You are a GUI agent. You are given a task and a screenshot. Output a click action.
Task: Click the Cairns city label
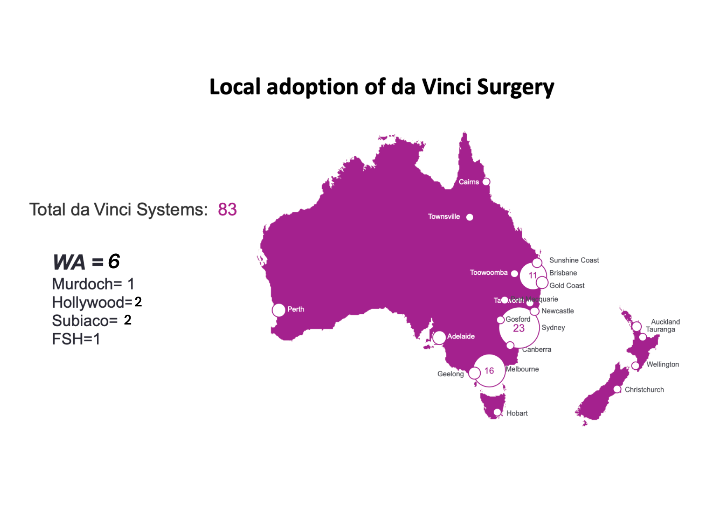[469, 182]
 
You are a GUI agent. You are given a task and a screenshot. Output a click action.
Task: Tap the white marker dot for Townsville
[470, 217]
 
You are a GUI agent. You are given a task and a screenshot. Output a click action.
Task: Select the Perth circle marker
[278, 310]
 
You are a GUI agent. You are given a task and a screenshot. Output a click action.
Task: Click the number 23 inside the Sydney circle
[519, 328]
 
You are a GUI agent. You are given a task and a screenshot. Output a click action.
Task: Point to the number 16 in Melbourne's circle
[489, 371]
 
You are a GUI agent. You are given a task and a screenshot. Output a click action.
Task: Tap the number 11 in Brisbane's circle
[533, 276]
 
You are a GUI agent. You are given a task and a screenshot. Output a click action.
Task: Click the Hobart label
[517, 413]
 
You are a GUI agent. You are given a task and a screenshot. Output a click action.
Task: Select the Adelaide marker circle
[439, 338]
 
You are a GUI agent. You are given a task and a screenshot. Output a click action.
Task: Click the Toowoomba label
[489, 273]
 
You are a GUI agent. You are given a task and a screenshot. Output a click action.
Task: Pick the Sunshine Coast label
[574, 260]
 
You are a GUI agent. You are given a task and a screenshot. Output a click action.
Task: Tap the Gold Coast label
[567, 285]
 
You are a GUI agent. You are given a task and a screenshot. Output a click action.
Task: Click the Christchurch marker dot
[617, 389]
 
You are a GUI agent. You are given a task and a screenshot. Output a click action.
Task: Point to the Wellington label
[662, 364]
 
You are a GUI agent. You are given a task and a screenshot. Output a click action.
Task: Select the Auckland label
[665, 322]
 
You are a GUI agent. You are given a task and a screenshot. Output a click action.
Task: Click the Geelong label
[450, 374]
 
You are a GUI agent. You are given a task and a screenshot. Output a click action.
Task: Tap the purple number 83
[227, 210]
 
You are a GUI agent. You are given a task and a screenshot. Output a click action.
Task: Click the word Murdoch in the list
[82, 284]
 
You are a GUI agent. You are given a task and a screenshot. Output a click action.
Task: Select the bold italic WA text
[69, 262]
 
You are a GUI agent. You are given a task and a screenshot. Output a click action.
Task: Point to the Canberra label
[536, 350]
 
